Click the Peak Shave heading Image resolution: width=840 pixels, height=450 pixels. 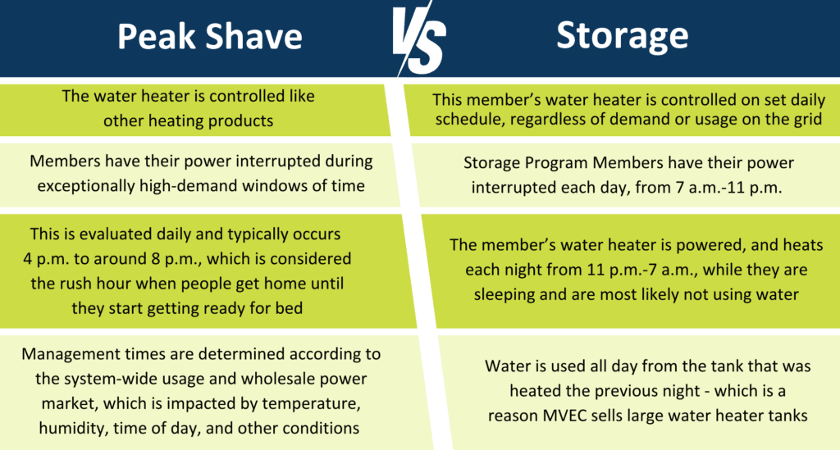[209, 37]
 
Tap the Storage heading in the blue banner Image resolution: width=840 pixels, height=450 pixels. [622, 35]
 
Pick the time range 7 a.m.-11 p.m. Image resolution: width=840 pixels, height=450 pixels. [733, 188]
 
